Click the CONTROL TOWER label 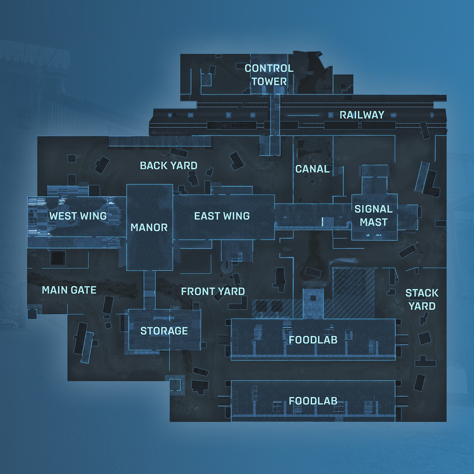point(269,75)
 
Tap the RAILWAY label point(362,115)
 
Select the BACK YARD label point(169,165)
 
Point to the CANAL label point(312,169)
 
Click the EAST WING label point(222,216)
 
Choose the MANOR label point(149,227)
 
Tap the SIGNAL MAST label point(373,215)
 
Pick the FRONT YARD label point(213,291)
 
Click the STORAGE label point(164,331)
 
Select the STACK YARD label point(422,299)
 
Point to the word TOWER point(269,81)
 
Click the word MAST point(373,222)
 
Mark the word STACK point(422,293)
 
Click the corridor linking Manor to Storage point(150,290)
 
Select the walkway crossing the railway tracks point(275,118)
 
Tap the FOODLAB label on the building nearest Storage point(313,339)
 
